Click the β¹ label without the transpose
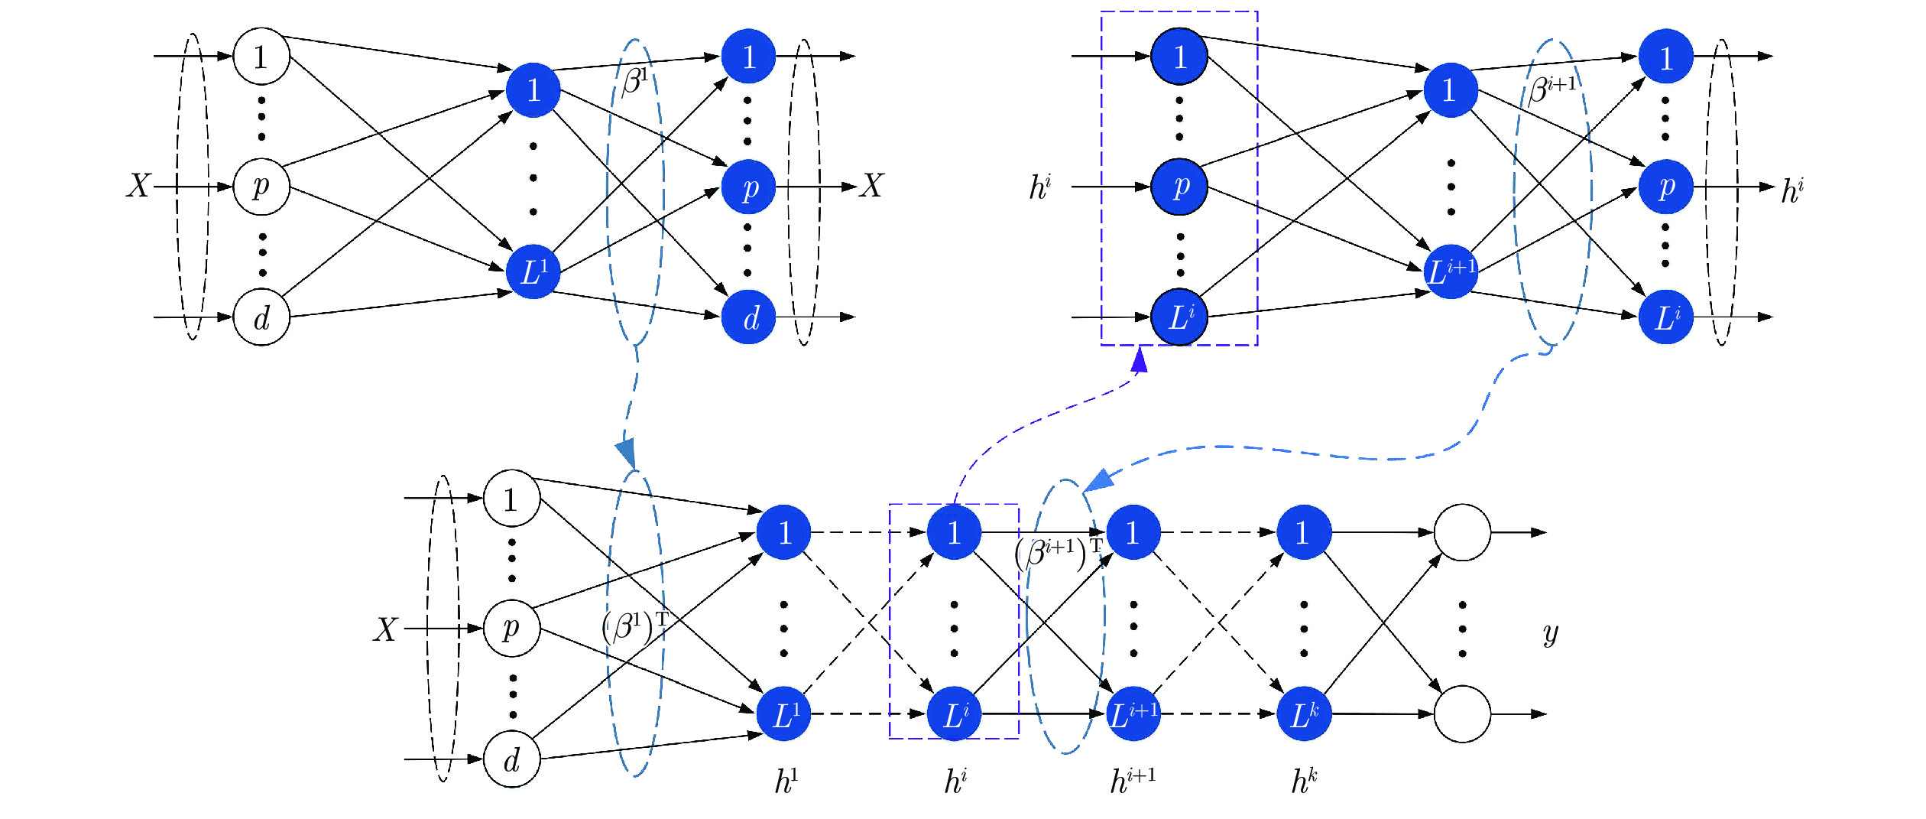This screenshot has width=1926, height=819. coord(635,80)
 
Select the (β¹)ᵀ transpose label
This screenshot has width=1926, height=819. coord(634,626)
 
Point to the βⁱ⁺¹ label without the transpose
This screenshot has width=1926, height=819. coord(1552,88)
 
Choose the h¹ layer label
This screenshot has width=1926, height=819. coord(786,782)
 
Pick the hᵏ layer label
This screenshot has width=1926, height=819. coord(1304,782)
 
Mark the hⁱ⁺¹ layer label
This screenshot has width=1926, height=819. coord(1132,782)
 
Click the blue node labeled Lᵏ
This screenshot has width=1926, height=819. coord(1304,714)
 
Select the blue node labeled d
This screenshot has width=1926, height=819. coord(749,317)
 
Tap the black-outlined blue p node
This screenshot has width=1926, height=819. coord(1179,187)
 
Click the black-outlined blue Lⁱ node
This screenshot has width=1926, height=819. coord(1179,317)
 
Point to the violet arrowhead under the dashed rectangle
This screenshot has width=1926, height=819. coord(1140,359)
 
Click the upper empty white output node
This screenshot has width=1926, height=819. coord(1462,532)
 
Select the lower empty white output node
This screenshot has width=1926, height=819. coord(1462,714)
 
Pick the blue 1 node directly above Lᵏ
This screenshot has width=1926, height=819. coord(1304,532)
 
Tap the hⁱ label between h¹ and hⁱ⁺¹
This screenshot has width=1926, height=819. coord(955,782)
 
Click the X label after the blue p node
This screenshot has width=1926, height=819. coord(872,186)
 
